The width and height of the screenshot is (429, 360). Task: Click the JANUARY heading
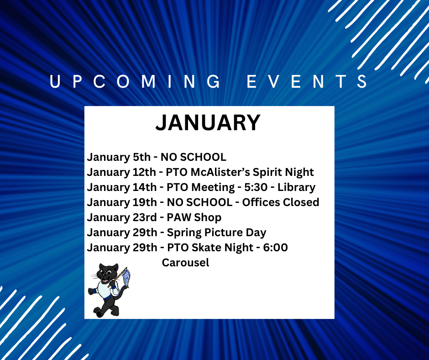(208, 122)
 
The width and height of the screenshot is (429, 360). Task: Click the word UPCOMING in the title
(135, 82)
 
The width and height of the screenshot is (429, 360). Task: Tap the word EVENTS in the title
(308, 82)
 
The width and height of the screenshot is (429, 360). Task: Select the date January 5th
(119, 157)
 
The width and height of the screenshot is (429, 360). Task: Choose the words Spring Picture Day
(216, 233)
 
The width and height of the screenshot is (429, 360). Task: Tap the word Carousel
(185, 263)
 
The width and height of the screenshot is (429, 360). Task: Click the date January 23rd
(121, 217)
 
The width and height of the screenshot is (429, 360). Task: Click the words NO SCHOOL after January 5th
(193, 157)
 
